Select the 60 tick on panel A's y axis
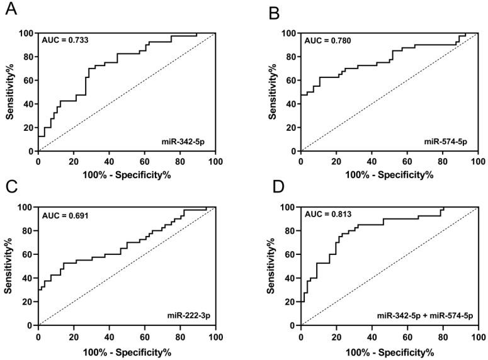(29, 80)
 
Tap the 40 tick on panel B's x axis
(372, 162)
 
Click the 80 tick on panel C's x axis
(180, 336)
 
